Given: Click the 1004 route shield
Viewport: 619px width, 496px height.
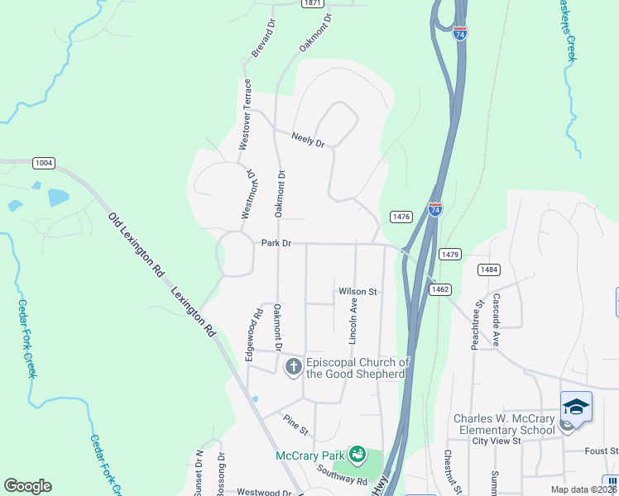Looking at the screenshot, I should click(44, 163).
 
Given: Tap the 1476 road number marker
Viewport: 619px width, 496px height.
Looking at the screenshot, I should click(401, 217).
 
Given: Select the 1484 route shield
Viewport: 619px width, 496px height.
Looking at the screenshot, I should click(489, 269).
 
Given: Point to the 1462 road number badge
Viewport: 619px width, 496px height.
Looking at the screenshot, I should click(440, 289).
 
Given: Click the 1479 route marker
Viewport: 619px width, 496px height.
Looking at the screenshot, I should click(449, 255).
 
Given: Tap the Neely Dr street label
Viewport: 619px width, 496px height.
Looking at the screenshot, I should click(308, 140).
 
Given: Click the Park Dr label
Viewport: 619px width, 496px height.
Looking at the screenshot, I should click(277, 243).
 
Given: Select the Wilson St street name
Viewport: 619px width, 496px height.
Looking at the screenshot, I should click(357, 292).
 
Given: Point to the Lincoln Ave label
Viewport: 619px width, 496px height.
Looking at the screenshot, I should click(353, 322).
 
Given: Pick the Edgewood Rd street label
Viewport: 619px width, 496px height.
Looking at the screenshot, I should click(257, 327).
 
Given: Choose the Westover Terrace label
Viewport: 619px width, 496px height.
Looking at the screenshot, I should click(246, 114).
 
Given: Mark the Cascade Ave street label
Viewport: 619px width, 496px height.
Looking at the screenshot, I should click(497, 319).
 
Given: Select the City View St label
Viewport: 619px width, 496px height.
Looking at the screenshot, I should click(496, 441).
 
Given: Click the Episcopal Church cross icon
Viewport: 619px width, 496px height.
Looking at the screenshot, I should click(293, 367).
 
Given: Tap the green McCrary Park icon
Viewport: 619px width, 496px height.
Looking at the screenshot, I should click(357, 454).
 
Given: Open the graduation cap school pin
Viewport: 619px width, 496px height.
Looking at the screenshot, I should click(576, 407).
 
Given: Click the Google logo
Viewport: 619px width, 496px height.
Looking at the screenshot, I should click(27, 486).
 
